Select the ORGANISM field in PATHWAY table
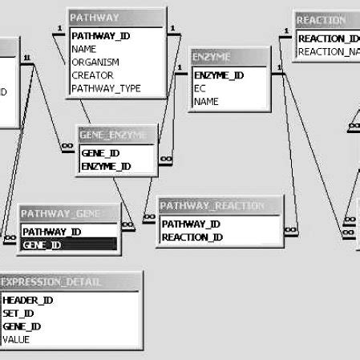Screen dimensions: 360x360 95,63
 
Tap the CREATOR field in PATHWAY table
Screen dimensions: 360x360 93,75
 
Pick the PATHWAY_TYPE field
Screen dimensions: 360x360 107,89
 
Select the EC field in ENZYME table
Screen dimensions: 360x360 200,89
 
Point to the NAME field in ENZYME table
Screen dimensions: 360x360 206,102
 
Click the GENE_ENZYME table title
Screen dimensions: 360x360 115,135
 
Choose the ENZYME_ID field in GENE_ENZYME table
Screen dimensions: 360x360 107,166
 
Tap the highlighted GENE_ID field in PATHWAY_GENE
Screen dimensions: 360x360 42,245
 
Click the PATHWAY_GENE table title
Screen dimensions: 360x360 69,213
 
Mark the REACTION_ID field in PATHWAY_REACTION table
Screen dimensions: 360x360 192,237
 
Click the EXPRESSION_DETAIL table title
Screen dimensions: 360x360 71,282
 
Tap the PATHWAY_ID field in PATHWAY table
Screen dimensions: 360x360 101,36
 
